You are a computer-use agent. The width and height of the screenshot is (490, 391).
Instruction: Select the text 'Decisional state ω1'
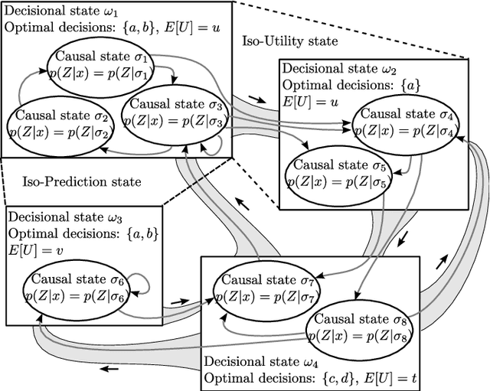click(x=60, y=11)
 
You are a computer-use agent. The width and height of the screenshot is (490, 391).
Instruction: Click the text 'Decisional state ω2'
click(x=335, y=68)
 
